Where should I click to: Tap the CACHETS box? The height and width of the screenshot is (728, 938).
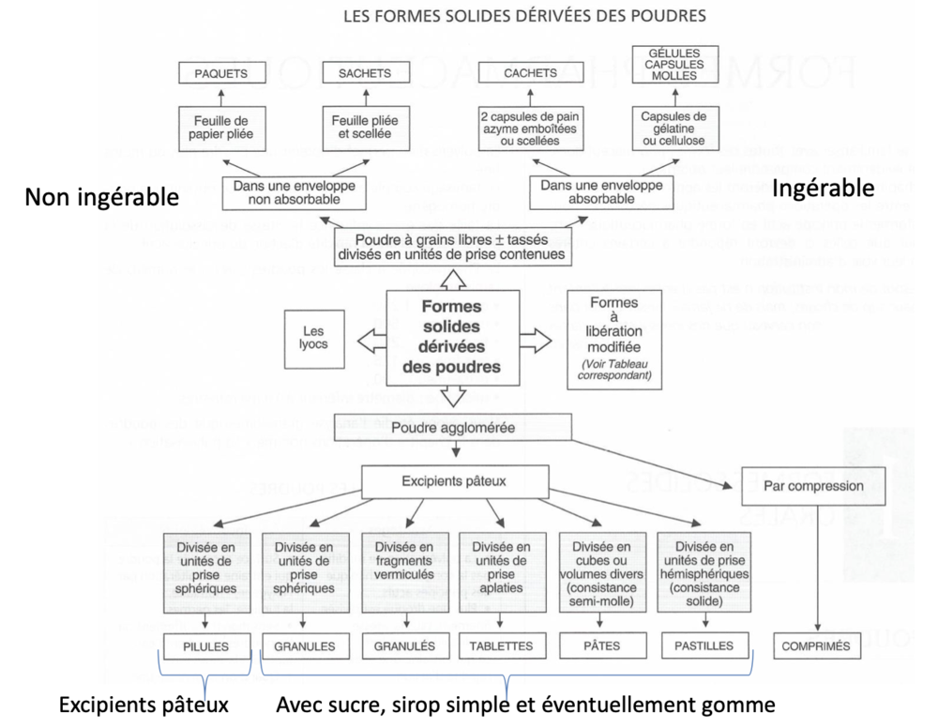(530, 72)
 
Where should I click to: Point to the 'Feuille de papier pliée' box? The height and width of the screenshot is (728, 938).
(217, 128)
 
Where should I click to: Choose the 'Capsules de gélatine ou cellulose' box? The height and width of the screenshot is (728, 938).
(673, 128)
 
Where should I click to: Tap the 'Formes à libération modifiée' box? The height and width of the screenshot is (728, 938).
(615, 338)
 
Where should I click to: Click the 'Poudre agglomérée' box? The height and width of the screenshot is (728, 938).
(453, 429)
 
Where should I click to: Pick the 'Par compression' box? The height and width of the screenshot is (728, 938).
(814, 486)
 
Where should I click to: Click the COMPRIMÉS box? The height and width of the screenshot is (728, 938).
(814, 645)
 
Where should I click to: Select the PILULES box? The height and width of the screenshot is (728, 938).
(207, 645)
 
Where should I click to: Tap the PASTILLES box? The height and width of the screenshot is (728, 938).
(703, 645)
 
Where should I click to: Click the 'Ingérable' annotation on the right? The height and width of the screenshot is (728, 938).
(823, 189)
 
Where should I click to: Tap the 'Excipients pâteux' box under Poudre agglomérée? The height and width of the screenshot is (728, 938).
(453, 483)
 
